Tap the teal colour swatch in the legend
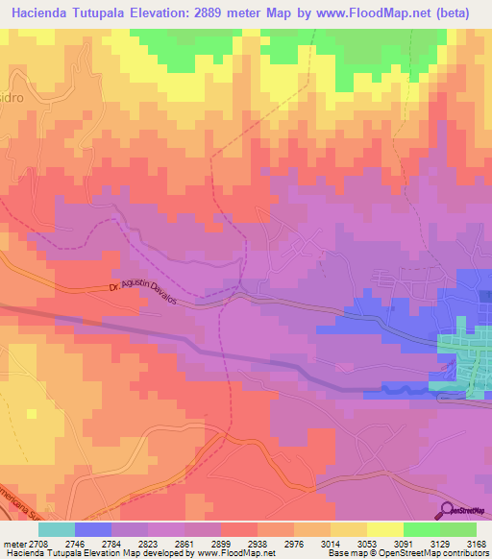point(57,528)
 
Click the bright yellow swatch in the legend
point(385,528)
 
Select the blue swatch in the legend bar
point(93,528)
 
